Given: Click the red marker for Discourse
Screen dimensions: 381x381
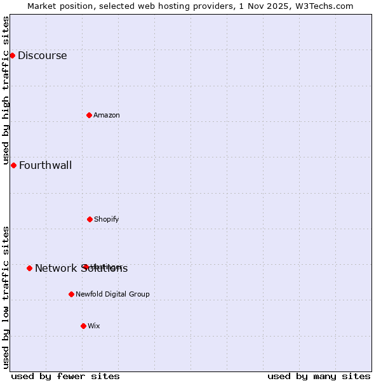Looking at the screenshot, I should [12, 56].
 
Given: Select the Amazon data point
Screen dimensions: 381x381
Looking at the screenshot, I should [90, 115].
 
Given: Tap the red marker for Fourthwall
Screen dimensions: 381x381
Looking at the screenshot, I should [13, 166].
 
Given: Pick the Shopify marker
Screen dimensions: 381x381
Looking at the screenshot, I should [90, 219].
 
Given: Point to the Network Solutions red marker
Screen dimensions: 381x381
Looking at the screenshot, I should [29, 268].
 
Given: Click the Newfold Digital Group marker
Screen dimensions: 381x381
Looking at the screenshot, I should [71, 294].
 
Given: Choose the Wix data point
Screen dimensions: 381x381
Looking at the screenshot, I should [83, 326].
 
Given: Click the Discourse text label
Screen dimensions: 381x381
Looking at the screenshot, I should [42, 56].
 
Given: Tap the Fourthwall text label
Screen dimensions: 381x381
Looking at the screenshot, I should [45, 166].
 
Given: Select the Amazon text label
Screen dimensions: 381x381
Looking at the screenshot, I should [107, 115].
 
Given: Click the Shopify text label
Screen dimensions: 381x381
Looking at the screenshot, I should [107, 219].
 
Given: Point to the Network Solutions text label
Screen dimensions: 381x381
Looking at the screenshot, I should [81, 269].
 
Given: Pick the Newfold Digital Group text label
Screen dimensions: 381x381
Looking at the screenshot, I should [112, 294].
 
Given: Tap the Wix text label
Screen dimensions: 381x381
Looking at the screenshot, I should [94, 326].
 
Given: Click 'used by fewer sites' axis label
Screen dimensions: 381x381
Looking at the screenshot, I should [65, 376].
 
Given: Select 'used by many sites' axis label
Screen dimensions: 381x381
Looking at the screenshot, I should [319, 376].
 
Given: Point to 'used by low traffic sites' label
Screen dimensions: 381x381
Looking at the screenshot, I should [6, 297].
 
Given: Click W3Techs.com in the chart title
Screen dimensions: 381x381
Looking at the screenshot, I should [323, 6].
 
